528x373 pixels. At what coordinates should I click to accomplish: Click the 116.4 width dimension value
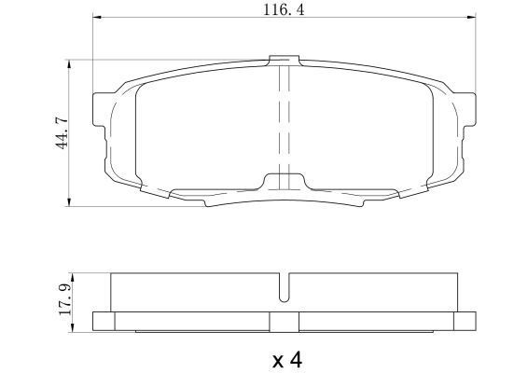pos(284,9)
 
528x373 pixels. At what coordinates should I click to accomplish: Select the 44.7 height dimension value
pos(63,133)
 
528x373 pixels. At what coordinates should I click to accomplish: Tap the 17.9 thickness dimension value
pos(64,299)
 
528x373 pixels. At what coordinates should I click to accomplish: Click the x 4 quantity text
pos(287,360)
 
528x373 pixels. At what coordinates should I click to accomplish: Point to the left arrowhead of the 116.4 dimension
pos(97,17)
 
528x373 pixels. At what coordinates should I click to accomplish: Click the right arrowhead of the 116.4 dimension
pos(471,17)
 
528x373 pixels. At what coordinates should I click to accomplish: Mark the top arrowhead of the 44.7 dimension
pos(69,64)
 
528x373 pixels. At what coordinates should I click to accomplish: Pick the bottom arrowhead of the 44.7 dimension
pos(69,201)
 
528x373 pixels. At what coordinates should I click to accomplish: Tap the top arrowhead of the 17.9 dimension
pos(73,277)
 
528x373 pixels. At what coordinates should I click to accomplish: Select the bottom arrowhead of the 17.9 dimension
pos(73,328)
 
